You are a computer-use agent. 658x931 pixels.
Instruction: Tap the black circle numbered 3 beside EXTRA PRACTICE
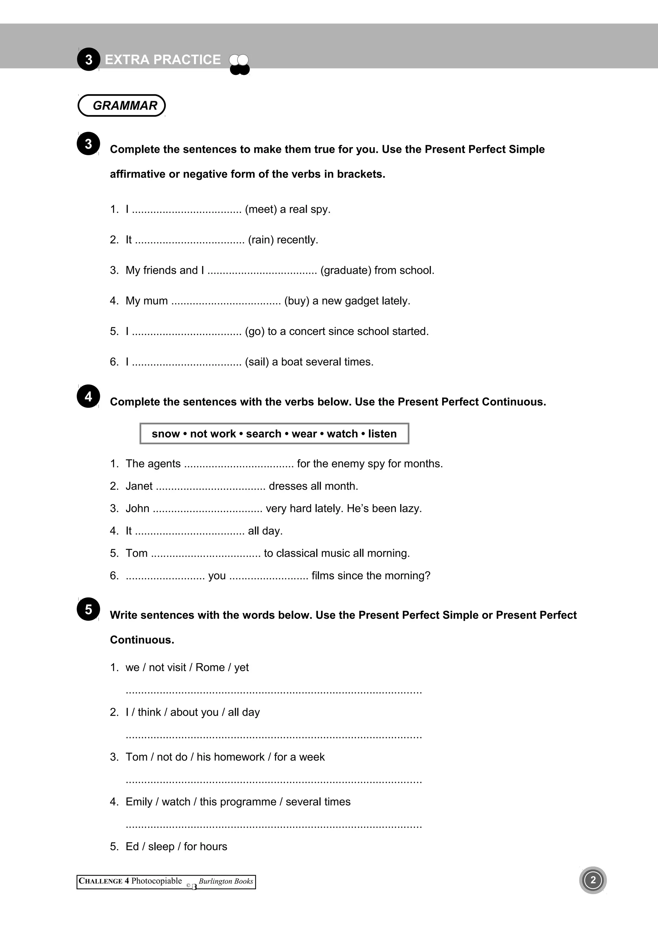(88, 60)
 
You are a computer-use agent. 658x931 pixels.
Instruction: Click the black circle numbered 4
(88, 396)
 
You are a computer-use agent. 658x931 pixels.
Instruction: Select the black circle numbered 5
(88, 609)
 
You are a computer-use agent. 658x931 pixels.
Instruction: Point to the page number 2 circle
(593, 880)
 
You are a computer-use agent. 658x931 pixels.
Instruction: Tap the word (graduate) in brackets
(345, 270)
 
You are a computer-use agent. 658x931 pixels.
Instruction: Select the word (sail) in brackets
(257, 362)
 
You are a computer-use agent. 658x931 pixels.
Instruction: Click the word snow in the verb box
(165, 434)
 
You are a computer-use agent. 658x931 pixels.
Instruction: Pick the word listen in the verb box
(382, 434)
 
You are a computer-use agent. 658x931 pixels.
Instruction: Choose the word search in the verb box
(263, 434)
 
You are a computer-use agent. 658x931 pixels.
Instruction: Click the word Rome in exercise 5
(209, 668)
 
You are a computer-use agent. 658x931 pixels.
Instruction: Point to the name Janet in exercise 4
(139, 486)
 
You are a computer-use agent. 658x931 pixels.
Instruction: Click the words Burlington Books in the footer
(226, 881)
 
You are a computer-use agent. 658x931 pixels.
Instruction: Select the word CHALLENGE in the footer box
(101, 881)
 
